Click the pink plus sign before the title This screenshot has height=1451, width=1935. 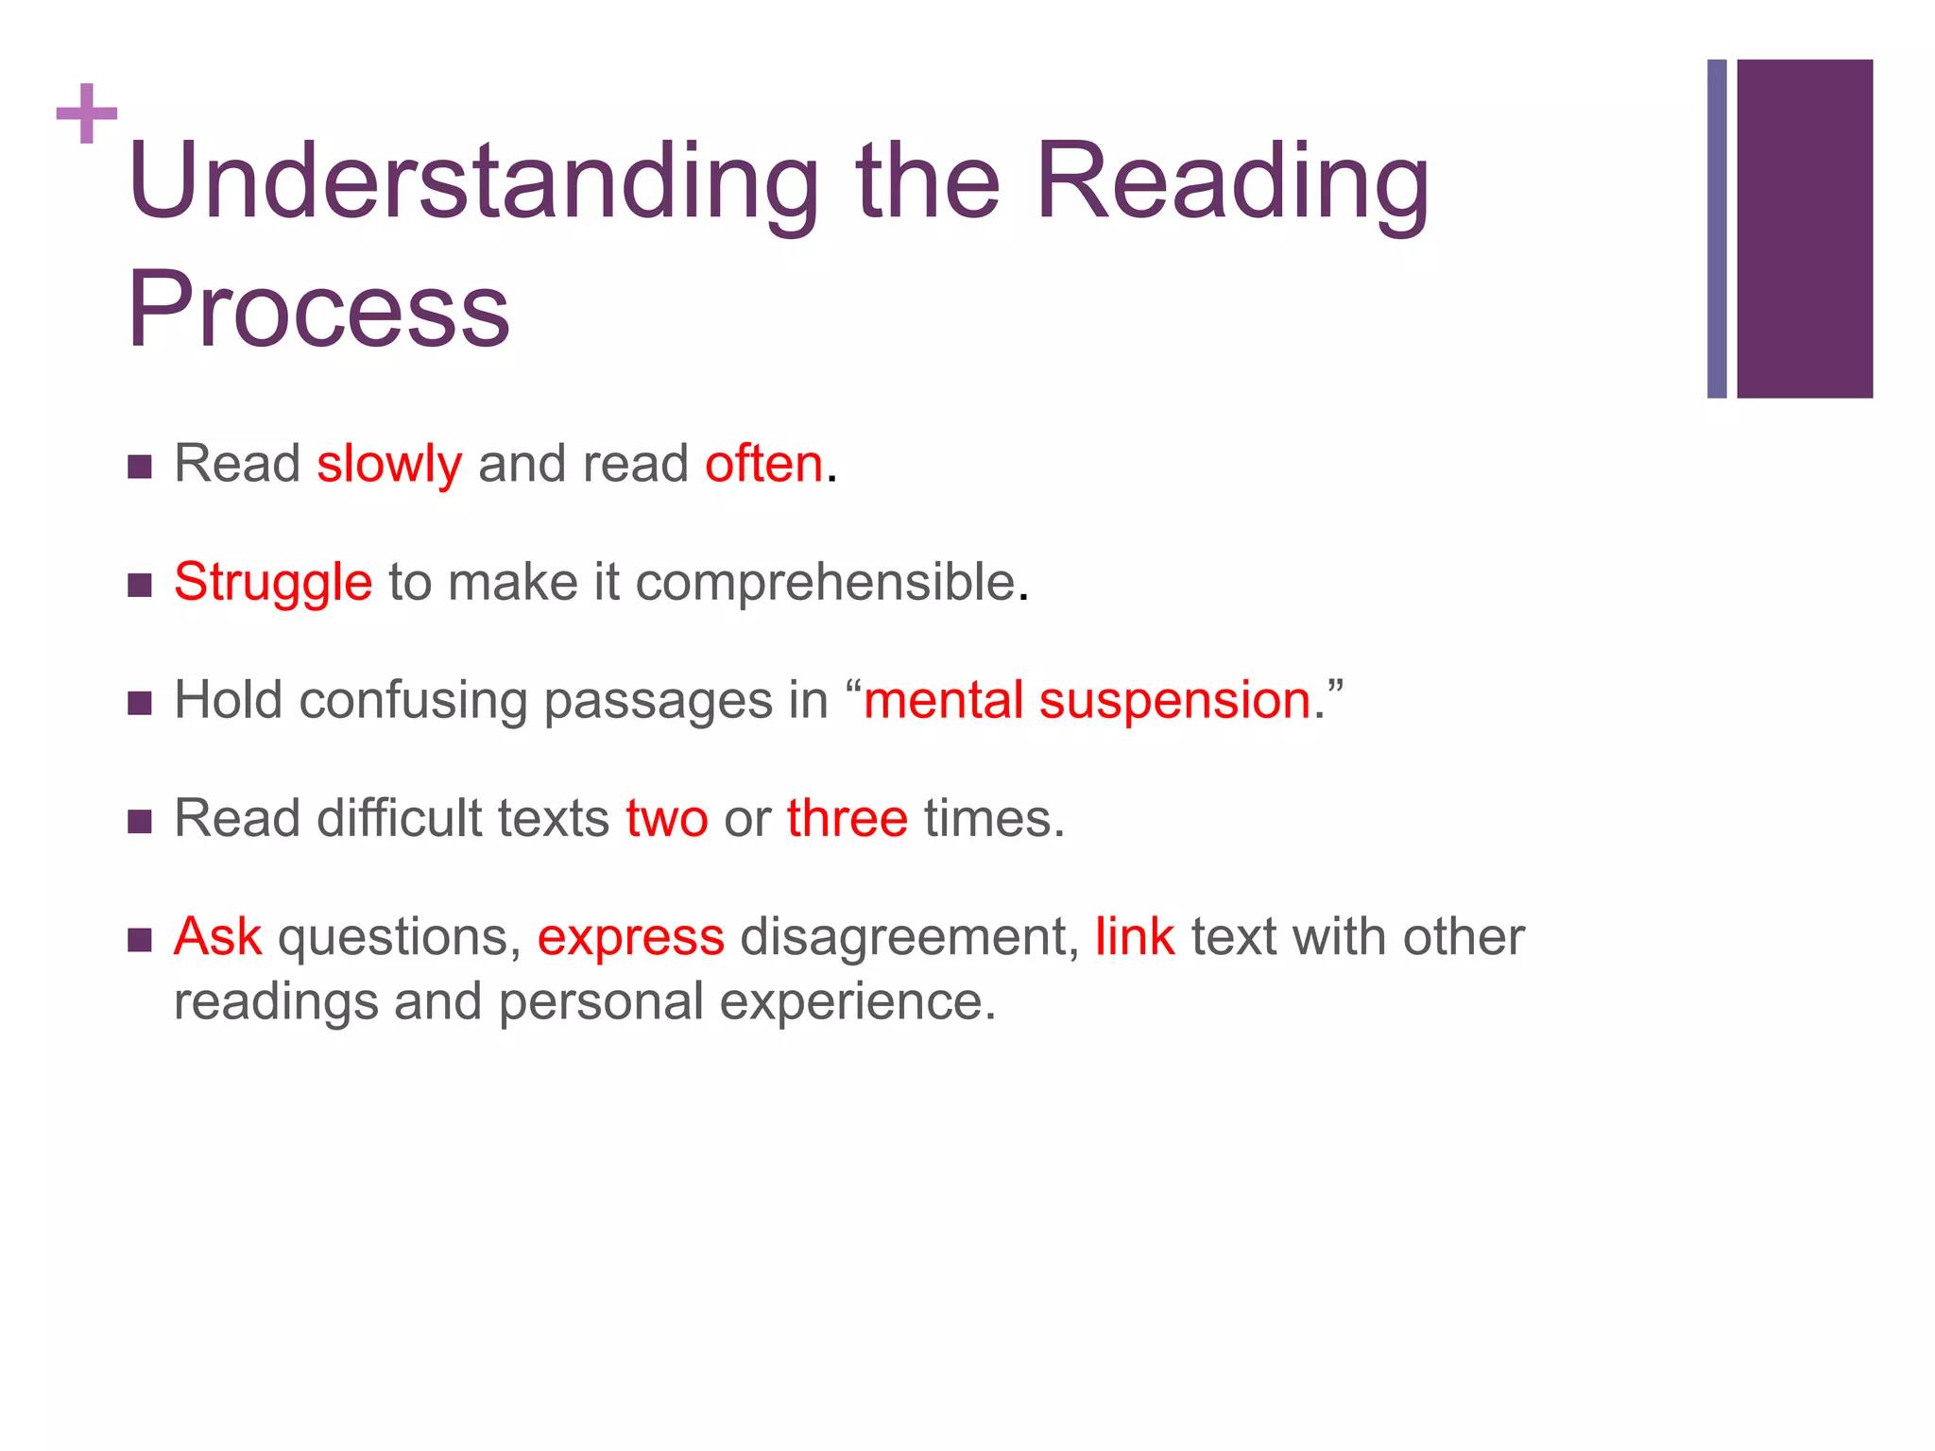pos(87,113)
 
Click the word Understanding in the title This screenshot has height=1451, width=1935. pos(472,181)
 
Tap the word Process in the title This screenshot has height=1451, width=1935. pos(318,310)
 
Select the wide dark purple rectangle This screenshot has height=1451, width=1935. pos(1804,229)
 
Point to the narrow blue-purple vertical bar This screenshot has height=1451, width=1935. pos(1717,229)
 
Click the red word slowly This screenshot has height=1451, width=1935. pos(388,465)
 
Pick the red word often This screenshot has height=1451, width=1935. pos(763,465)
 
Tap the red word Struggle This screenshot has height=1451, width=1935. pos(273,583)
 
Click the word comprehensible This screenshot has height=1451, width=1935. pos(825,583)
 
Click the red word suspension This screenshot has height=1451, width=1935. pos(1174,701)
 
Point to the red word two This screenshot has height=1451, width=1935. pos(666,819)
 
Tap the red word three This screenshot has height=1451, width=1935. pos(847,819)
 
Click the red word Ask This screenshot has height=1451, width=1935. pos(217,937)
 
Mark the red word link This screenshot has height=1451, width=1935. pos(1134,937)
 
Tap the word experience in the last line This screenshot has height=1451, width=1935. pos(856,1002)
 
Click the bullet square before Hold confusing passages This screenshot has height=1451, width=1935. pos(140,704)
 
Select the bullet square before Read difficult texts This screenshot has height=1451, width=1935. pos(140,822)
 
